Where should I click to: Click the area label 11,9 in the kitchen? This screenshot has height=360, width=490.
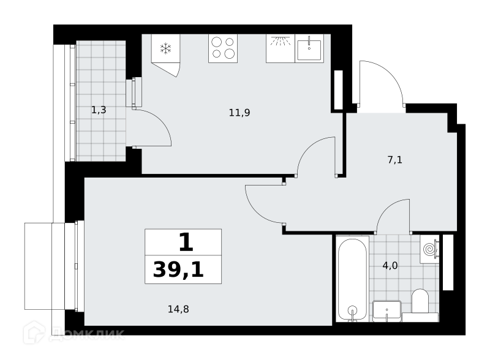pos(239,113)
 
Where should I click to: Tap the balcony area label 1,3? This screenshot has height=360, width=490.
pos(99,110)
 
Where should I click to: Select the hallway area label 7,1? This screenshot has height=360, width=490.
pos(394,160)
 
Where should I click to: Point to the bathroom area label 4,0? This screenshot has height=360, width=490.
pos(390,266)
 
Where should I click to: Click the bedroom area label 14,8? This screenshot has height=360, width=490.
pos(178,309)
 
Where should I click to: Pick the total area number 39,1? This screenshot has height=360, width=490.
pos(178,269)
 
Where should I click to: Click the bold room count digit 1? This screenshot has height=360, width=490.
pos(186,242)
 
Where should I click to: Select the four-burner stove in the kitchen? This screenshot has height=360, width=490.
pos(223,48)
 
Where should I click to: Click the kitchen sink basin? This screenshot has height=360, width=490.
pos(309,50)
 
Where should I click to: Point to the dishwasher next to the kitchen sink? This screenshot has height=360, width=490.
pos(281,48)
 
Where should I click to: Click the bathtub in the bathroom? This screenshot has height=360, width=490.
pos(353,279)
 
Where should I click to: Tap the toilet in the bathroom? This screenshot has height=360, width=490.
pos(420,302)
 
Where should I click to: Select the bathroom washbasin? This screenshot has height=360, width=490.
pos(387,310)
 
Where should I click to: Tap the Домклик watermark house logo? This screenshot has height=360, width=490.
pos(34,332)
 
